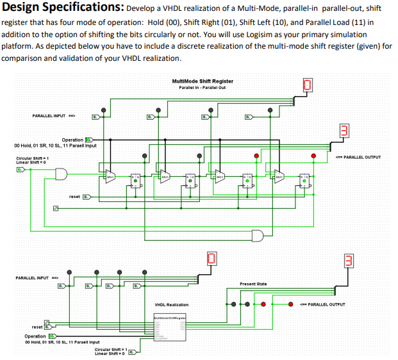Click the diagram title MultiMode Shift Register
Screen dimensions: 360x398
click(203, 81)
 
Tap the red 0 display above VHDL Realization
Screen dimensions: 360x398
click(211, 259)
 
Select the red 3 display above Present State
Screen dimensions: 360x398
click(349, 260)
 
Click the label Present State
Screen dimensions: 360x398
click(253, 283)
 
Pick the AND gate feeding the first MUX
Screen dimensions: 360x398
click(63, 174)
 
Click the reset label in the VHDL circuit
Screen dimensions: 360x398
click(37, 326)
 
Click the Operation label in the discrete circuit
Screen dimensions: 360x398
click(72, 140)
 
